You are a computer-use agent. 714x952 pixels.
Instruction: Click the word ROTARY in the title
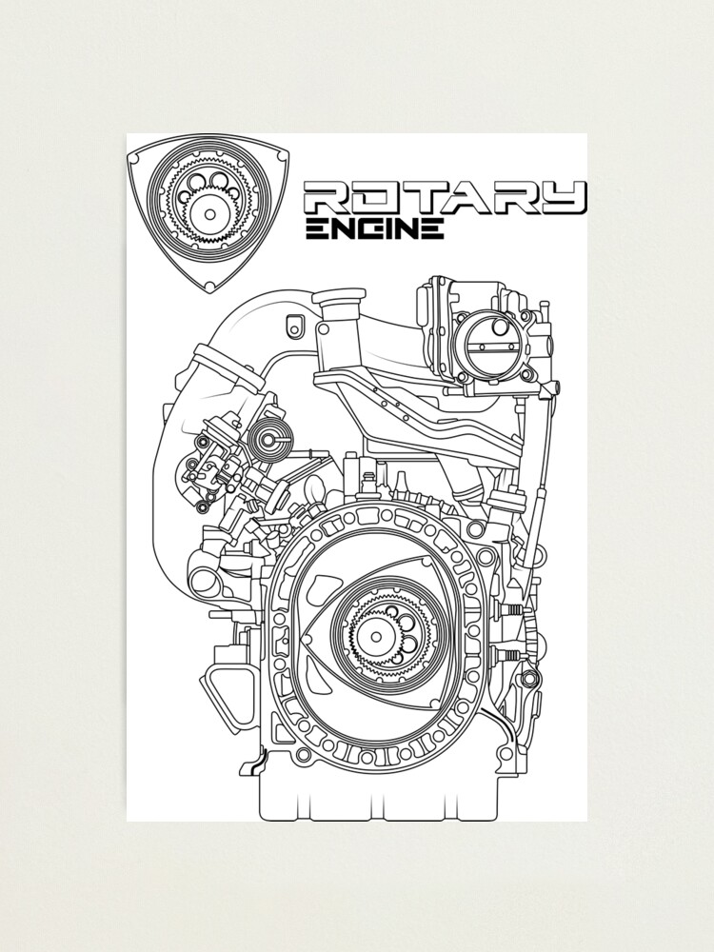(444, 198)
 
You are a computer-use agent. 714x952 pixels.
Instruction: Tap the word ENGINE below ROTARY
(374, 228)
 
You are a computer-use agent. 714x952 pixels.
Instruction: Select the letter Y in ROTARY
(562, 198)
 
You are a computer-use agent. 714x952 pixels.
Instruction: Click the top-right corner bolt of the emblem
(277, 149)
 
